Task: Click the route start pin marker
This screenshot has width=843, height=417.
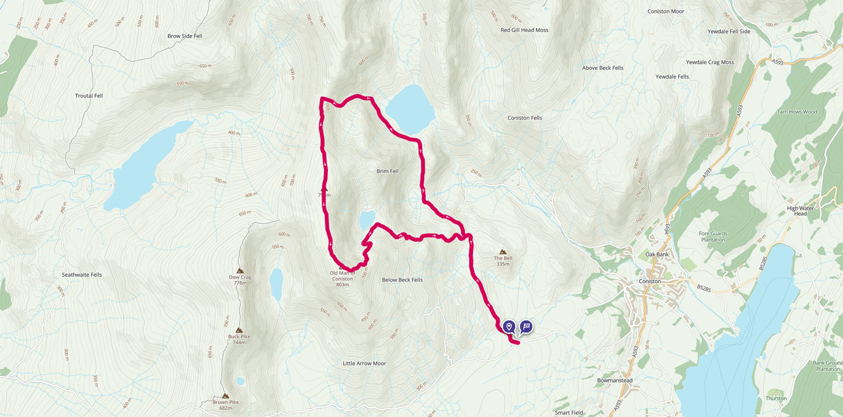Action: click(x=509, y=326)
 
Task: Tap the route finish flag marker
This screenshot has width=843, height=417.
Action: click(x=526, y=326)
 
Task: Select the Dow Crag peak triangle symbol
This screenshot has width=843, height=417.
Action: click(x=240, y=270)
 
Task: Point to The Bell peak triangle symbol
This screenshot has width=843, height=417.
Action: click(x=503, y=251)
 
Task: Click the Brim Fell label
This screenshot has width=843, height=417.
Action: click(x=387, y=171)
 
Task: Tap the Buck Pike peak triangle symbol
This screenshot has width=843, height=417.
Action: click(x=238, y=330)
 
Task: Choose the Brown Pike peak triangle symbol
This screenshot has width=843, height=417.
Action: click(x=225, y=396)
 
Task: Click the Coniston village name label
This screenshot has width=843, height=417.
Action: click(x=649, y=281)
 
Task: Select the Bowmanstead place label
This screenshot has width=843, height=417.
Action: click(x=614, y=380)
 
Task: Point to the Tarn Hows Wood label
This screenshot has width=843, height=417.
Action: click(x=798, y=112)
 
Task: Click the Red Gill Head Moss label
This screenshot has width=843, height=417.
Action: click(x=524, y=30)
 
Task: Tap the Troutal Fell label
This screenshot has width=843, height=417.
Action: click(x=89, y=96)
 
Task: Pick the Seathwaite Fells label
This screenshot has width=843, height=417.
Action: click(x=81, y=275)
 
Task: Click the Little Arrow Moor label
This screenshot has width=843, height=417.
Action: click(x=365, y=364)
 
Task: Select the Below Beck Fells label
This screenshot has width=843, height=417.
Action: click(x=402, y=280)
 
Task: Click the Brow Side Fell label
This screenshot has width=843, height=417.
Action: click(x=184, y=36)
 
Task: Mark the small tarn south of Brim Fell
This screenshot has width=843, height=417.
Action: click(x=367, y=218)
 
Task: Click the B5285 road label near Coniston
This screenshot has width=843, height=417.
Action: click(x=706, y=286)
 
